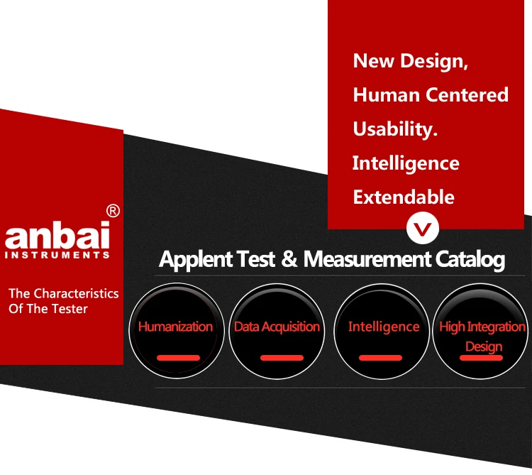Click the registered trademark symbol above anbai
(113, 211)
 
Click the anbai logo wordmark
(57, 235)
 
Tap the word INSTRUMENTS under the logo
(57, 255)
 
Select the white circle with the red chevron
(423, 228)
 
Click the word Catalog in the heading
(470, 260)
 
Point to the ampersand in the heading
(289, 258)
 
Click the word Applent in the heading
(196, 260)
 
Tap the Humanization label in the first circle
(175, 327)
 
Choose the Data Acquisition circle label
(277, 327)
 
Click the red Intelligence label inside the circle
(384, 327)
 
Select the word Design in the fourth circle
(484, 347)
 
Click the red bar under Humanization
(178, 358)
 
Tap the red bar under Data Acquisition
(282, 358)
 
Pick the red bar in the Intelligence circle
(380, 358)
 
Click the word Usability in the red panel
(393, 130)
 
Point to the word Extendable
(404, 197)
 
